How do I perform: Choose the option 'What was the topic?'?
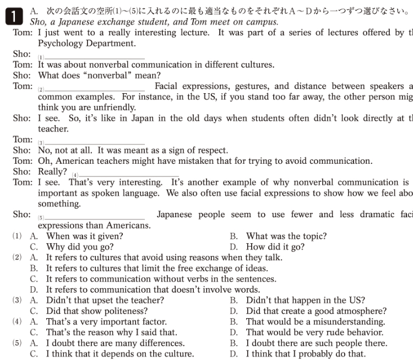(286, 237)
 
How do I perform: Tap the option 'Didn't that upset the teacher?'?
(105, 300)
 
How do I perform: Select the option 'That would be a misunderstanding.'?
(315, 322)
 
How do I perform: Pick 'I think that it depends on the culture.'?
(119, 354)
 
